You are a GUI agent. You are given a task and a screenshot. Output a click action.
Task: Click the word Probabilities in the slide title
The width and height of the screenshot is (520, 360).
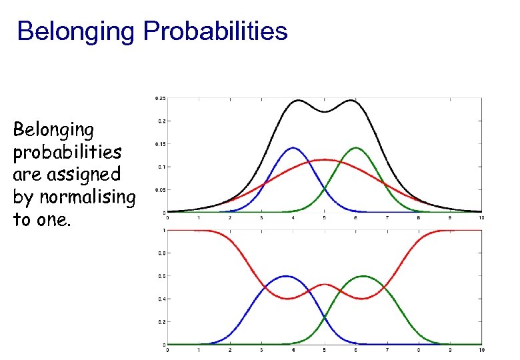[215, 31]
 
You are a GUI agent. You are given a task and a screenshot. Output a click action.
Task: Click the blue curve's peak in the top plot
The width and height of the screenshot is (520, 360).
[293, 148]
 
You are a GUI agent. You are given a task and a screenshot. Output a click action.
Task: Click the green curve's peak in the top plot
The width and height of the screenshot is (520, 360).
[356, 148]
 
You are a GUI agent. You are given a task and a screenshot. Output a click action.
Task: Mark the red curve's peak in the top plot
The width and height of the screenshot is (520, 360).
[325, 160]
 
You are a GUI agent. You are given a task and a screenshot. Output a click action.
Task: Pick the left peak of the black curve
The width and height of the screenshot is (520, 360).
[298, 101]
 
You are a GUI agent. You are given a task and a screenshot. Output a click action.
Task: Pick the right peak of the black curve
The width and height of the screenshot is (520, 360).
[351, 101]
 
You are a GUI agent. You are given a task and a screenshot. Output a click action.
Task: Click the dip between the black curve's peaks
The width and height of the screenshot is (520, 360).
[325, 112]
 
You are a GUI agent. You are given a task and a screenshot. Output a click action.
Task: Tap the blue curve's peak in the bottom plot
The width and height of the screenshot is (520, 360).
[286, 276]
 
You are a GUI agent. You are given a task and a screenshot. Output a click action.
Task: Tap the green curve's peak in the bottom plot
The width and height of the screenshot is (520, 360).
[363, 276]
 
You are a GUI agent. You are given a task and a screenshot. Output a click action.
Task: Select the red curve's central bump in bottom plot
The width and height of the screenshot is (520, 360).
[325, 285]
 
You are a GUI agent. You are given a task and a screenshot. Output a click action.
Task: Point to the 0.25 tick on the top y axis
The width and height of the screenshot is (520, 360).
[160, 98]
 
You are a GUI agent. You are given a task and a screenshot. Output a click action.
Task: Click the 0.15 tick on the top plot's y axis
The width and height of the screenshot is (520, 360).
[160, 144]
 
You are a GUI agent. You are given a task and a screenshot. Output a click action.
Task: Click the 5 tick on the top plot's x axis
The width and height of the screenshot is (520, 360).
[325, 218]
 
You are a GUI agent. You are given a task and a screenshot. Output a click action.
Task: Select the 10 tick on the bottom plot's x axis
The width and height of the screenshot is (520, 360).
[481, 350]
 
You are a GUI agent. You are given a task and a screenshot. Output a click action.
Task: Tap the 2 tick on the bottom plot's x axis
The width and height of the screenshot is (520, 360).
[230, 350]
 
